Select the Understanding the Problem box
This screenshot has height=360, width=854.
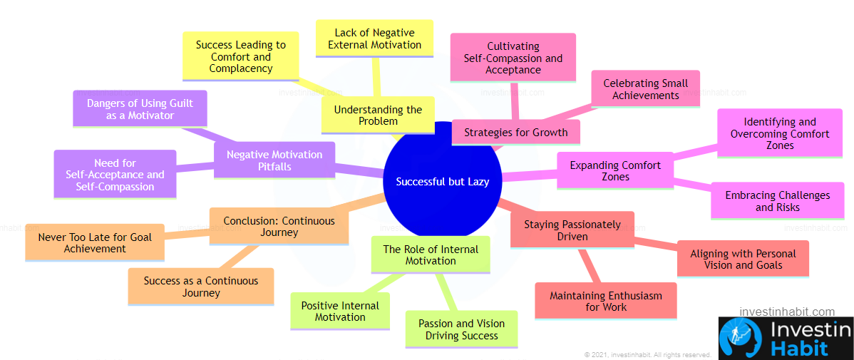point(377,115)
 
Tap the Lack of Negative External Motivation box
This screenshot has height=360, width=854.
point(375,38)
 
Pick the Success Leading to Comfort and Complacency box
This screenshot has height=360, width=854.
point(241,56)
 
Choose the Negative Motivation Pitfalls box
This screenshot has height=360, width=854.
point(274,160)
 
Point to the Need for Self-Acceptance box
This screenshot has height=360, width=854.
point(115,174)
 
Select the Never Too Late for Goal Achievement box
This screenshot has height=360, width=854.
point(95,242)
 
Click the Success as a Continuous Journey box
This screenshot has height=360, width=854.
point(201,287)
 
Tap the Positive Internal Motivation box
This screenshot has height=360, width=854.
point(340,311)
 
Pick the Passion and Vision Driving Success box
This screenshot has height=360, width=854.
point(461,329)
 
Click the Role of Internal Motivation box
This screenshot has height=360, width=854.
point(431,254)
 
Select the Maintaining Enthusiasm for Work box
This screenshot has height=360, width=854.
point(606,301)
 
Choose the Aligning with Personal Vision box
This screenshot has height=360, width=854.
point(743,259)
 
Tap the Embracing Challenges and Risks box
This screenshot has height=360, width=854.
point(777,201)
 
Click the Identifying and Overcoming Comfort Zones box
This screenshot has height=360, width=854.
point(780,133)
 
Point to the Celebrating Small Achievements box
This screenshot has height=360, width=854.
point(645,89)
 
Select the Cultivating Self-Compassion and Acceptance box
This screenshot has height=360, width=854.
point(513,58)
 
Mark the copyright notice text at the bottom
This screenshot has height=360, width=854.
point(648,354)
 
